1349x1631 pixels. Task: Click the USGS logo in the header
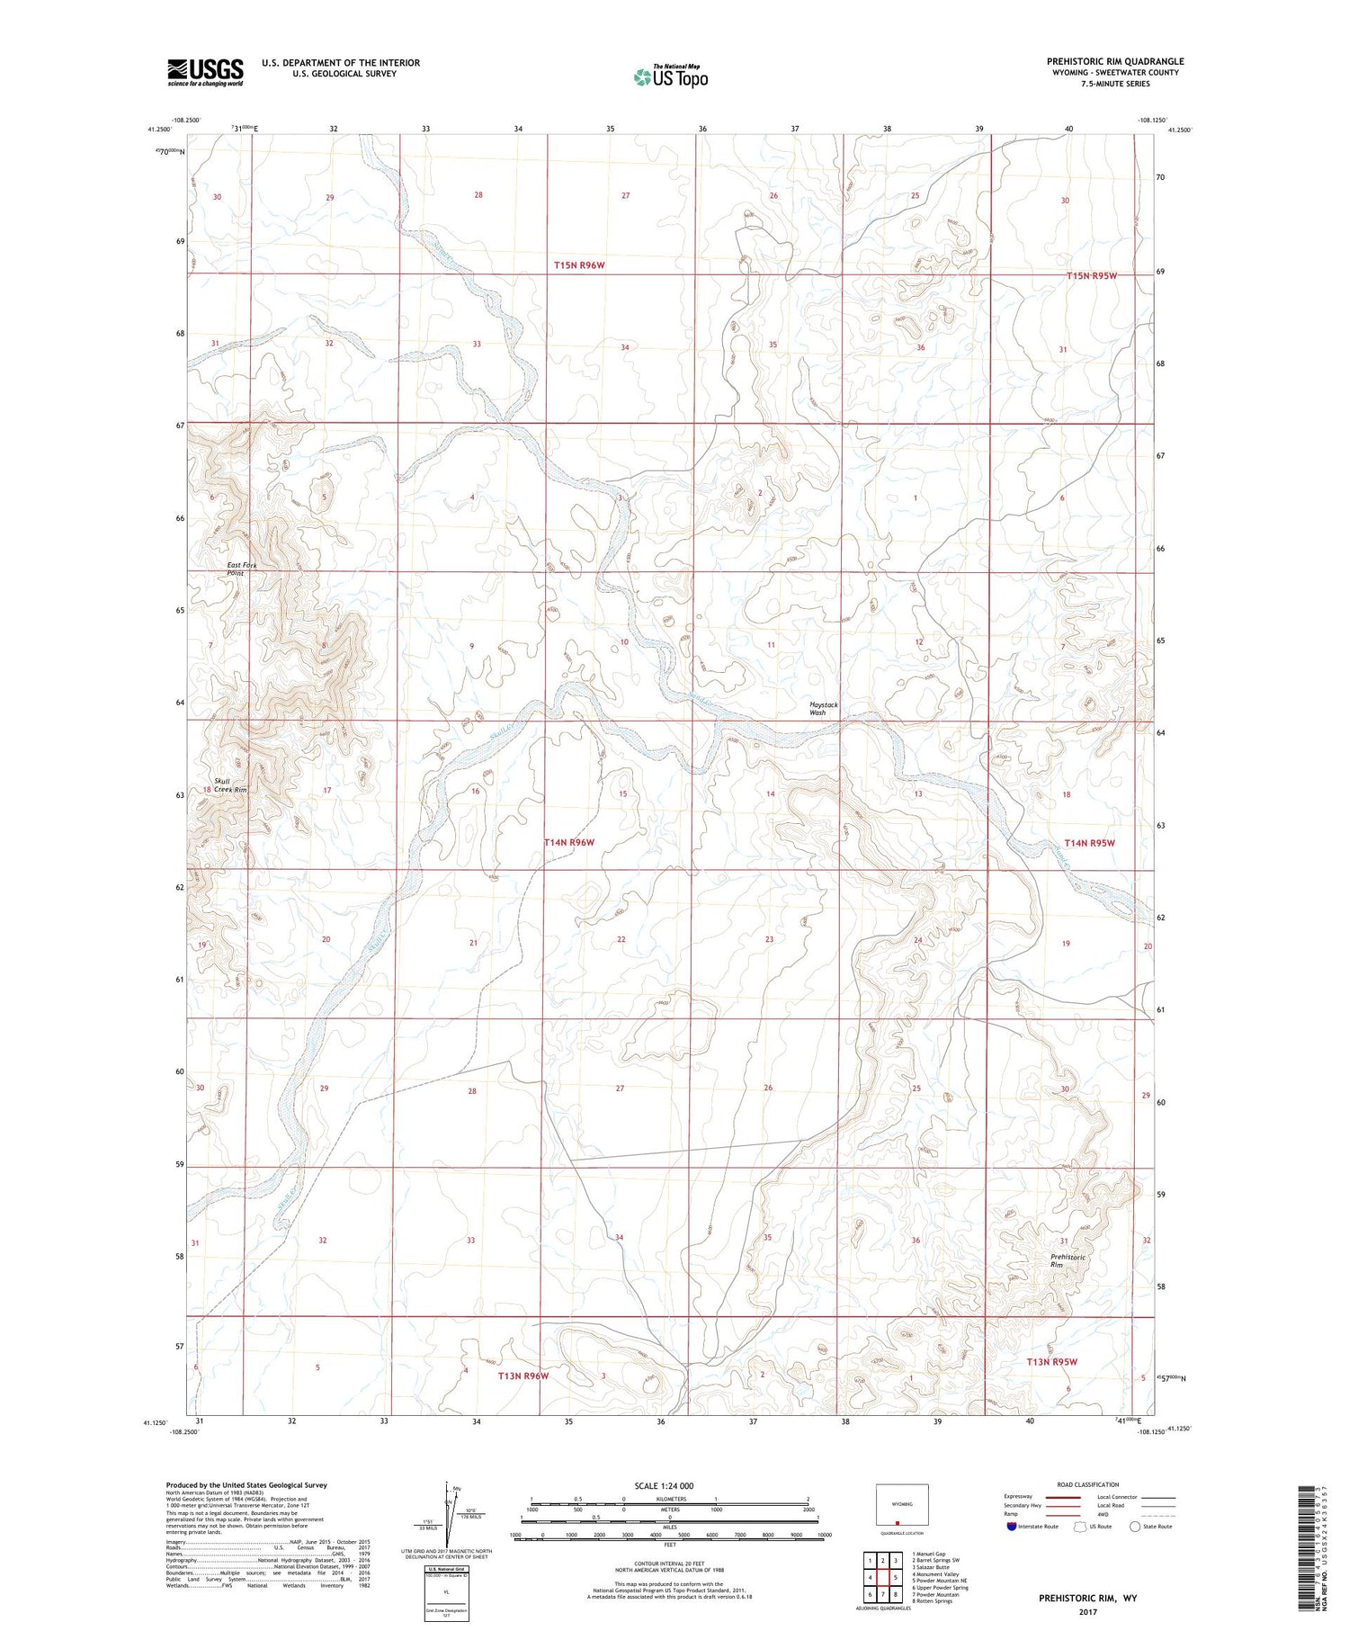coord(205,72)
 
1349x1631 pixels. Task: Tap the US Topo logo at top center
coord(670,76)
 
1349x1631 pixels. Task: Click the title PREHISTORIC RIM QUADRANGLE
coord(1114,61)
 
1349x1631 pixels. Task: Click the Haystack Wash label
coord(817,708)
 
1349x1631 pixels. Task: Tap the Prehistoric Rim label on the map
coord(1068,1260)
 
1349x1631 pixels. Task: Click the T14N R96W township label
coord(568,842)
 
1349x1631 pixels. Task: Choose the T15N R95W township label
coord(1091,275)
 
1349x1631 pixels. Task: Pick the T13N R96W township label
coord(523,1376)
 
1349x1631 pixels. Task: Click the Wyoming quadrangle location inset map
coord(901,1505)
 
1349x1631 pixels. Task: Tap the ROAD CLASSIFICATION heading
coord(1088,1484)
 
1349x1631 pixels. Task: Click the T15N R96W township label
coord(579,265)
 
